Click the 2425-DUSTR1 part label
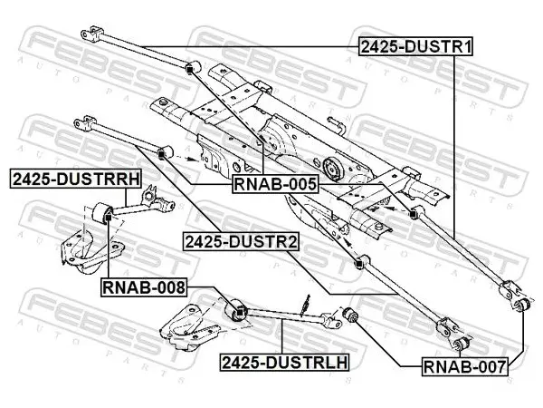[x=415, y=46]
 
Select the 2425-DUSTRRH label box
[x=76, y=179]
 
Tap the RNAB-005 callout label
[x=275, y=184]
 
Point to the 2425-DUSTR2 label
[x=241, y=241]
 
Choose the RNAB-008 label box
[x=144, y=287]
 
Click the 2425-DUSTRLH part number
[x=285, y=362]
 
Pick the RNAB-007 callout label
[x=465, y=366]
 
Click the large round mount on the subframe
[x=332, y=169]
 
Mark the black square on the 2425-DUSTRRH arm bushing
[x=108, y=218]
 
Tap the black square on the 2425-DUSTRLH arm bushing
[x=240, y=312]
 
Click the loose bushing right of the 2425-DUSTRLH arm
[x=350, y=314]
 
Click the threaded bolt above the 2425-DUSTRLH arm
[x=305, y=305]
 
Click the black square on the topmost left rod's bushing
[x=189, y=71]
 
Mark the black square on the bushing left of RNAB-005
[x=161, y=155]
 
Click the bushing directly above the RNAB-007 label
[x=461, y=342]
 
